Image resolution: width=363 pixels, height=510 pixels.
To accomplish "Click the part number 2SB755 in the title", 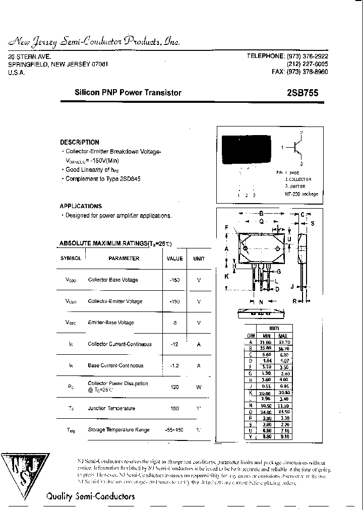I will [302, 93].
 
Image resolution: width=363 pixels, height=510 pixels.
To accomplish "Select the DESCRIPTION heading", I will [80, 142].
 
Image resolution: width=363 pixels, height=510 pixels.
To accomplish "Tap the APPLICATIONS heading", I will [81, 206].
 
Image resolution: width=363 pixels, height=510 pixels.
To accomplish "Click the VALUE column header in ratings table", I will [174, 259].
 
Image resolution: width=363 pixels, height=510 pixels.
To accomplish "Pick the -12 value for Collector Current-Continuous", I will [174, 344].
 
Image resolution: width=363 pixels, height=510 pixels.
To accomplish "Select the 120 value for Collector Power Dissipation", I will [174, 387].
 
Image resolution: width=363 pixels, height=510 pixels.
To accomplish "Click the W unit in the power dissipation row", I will [199, 387].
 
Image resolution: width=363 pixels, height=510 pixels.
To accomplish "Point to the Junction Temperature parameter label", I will [111, 409].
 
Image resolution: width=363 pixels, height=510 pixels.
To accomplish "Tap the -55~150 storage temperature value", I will [174, 430].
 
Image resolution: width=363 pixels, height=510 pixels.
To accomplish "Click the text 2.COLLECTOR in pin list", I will [298, 179].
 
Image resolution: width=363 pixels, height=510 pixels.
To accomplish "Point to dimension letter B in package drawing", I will [261, 213].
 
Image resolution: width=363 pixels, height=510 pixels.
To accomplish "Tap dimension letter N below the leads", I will [261, 302].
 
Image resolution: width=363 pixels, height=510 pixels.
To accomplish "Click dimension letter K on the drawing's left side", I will [227, 276].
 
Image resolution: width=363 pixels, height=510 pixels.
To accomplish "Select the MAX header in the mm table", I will [283, 336].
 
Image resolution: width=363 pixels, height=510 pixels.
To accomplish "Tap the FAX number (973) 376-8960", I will [299, 72].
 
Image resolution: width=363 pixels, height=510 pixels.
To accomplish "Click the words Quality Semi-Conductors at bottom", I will [91, 496].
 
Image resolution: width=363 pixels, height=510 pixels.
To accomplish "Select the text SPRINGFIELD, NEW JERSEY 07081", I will [58, 65].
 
